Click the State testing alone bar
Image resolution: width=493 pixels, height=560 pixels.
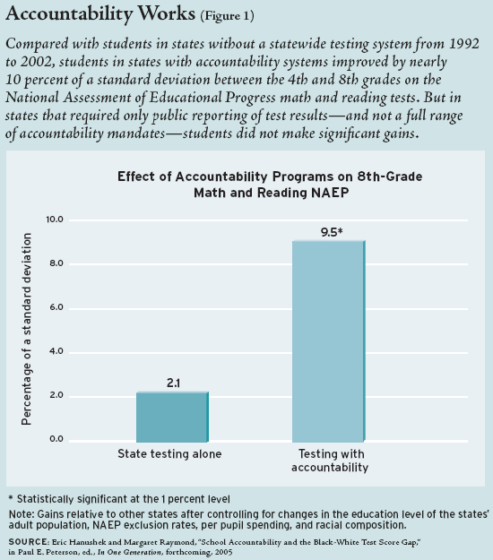(172, 417)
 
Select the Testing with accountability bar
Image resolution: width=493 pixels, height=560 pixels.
(329, 341)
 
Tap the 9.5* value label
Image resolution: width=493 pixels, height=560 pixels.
(332, 232)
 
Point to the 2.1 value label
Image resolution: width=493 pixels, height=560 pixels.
(173, 383)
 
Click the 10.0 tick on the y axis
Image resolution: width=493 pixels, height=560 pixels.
(55, 220)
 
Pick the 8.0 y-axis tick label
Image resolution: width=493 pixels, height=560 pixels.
(56, 263)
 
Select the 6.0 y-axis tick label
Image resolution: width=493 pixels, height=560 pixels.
(56, 307)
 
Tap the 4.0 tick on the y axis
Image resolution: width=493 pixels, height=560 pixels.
(56, 351)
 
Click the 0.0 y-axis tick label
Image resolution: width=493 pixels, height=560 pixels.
(56, 439)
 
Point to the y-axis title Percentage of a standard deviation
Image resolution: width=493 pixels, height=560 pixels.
(26, 329)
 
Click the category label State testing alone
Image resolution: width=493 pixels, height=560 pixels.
(169, 454)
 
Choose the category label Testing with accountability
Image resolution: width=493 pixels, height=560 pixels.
(330, 461)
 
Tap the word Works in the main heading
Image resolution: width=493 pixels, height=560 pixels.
(167, 14)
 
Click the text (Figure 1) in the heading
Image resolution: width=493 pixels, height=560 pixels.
(227, 16)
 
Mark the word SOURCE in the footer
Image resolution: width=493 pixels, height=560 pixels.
(28, 542)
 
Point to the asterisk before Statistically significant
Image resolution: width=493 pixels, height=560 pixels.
(11, 497)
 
